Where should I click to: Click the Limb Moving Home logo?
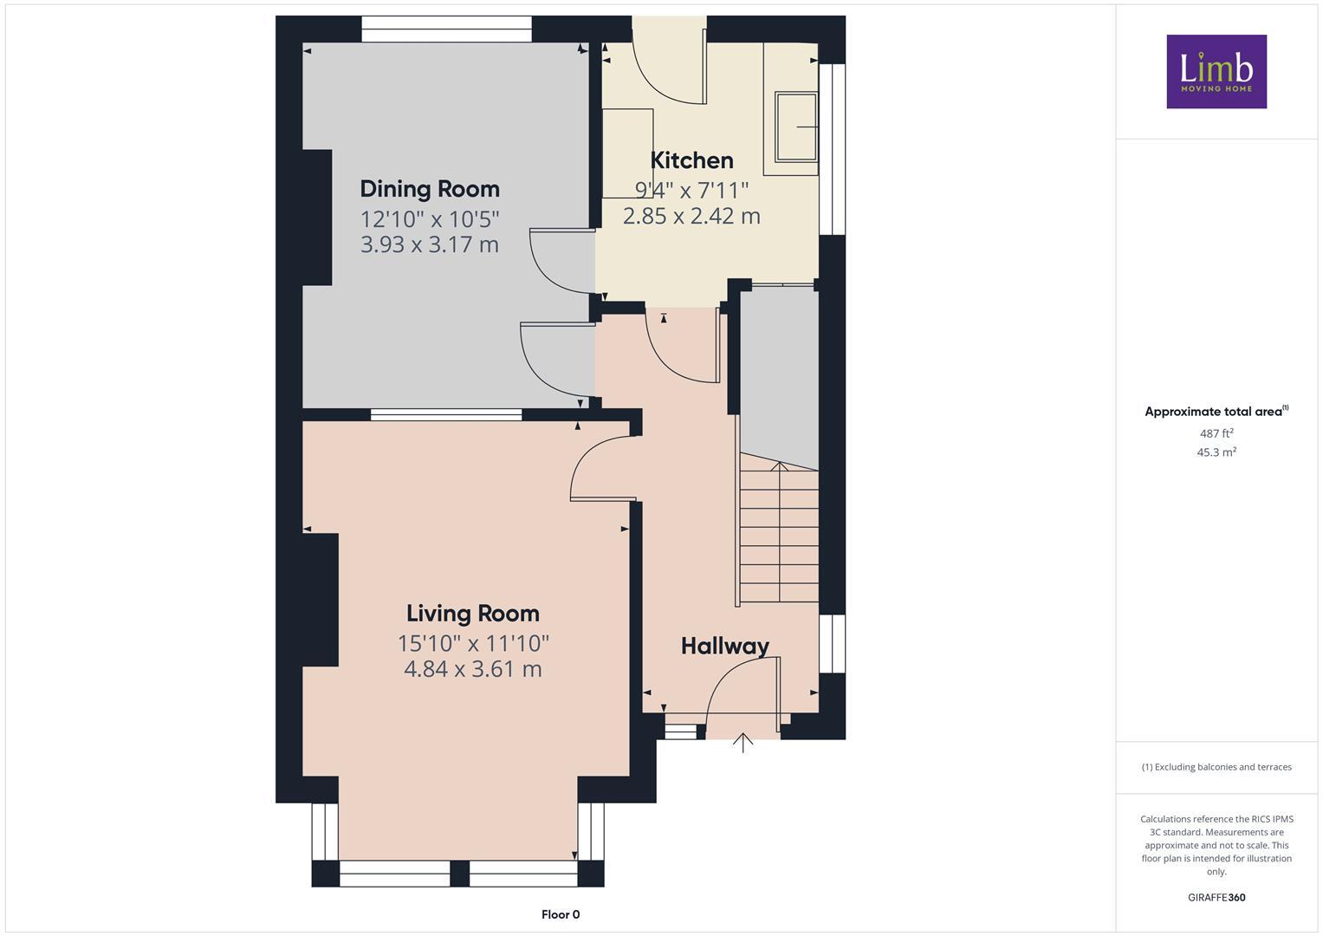(1216, 71)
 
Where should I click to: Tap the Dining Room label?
(430, 189)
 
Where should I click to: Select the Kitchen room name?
(691, 160)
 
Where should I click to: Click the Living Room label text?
(473, 614)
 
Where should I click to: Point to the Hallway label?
(724, 647)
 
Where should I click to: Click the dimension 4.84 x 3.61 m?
(473, 669)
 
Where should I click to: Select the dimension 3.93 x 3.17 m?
(430, 244)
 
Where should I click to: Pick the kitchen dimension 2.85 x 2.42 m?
(691, 216)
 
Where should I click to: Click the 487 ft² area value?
(1216, 433)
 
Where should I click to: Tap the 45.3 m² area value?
(1216, 452)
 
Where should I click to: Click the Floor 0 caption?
(561, 914)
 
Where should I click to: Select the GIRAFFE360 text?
(1216, 898)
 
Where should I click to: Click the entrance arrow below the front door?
(743, 743)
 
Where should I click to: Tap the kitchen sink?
(796, 127)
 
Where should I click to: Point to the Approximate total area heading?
(1216, 412)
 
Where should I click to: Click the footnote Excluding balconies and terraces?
(1216, 767)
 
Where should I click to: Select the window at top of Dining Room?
(446, 30)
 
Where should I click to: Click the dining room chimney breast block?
(316, 218)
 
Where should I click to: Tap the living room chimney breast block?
(320, 600)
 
